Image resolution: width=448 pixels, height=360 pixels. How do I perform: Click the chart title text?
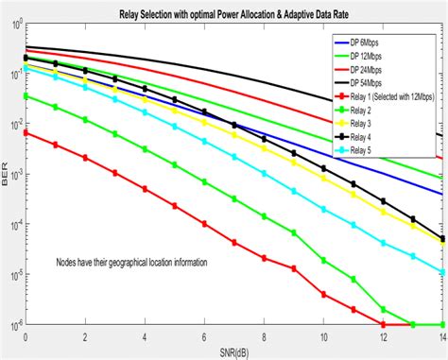click(x=232, y=9)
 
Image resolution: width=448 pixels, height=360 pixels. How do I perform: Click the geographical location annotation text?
click(x=130, y=263)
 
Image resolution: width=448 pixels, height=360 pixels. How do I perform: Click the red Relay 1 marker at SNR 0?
click(x=26, y=133)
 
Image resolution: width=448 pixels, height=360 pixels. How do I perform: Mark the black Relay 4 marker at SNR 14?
click(x=441, y=238)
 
